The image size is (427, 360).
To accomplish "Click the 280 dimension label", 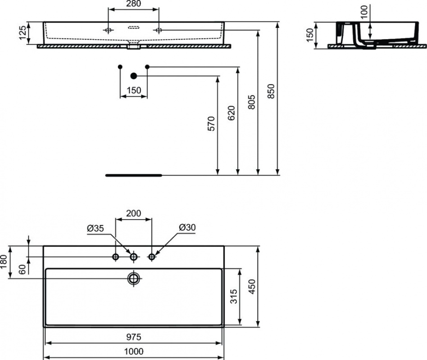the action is click(x=134, y=4).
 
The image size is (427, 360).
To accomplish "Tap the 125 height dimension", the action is click(x=23, y=33).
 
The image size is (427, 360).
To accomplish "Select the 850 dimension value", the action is click(x=271, y=91).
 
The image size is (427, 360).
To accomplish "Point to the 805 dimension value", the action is click(x=252, y=102).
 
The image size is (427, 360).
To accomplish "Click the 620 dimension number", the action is click(x=231, y=113).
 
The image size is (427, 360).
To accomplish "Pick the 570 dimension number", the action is click(x=211, y=124).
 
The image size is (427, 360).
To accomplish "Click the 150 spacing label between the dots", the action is click(x=134, y=90).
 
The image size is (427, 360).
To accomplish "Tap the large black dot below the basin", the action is click(x=134, y=76).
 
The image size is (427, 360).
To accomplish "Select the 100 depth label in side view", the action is click(x=364, y=11).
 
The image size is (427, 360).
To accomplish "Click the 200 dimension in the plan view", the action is click(x=133, y=213).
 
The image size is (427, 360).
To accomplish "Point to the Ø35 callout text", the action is click(x=95, y=228).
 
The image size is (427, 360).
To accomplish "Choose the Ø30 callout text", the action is click(x=187, y=227).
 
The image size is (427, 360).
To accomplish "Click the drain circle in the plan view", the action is click(x=134, y=279).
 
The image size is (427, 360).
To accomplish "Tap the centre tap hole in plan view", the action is click(x=133, y=256).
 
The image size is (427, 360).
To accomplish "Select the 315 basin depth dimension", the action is click(x=234, y=297).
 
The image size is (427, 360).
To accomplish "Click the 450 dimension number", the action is click(x=252, y=287).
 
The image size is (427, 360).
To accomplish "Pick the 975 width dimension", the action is click(x=134, y=337).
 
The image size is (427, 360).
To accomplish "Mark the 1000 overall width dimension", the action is click(x=134, y=351).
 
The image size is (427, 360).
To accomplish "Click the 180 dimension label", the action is click(x=4, y=261).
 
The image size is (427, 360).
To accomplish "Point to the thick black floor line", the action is click(x=134, y=175).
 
